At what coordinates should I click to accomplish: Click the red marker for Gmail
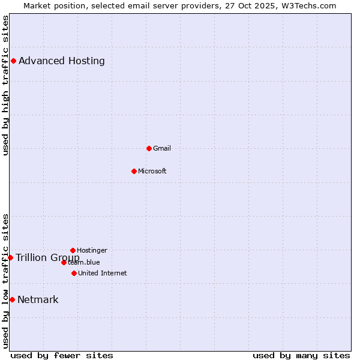coord(149,148)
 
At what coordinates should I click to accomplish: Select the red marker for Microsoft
coord(134,171)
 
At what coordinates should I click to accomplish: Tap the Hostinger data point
coord(73,250)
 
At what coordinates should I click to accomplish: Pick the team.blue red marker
coord(64,262)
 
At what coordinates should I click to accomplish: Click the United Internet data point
coord(74,273)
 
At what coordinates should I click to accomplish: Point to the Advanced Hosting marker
coord(13,61)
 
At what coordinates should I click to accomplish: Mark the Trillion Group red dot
coord(10,257)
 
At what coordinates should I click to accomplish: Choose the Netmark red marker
coord(12,299)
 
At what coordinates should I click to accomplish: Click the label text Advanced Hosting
coord(62,61)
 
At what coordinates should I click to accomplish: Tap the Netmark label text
coord(38,299)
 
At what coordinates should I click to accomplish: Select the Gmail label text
coord(162,148)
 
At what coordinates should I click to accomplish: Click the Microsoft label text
coord(152,171)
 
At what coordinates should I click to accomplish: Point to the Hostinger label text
coord(92,250)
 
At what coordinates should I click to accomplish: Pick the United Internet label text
coord(103,273)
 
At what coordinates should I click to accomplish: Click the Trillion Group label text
coord(47,257)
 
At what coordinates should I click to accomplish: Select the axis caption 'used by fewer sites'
coord(62,355)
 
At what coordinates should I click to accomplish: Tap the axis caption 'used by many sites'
coord(301,355)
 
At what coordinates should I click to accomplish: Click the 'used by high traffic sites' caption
coord(5,85)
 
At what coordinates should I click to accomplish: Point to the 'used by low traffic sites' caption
coord(5,281)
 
